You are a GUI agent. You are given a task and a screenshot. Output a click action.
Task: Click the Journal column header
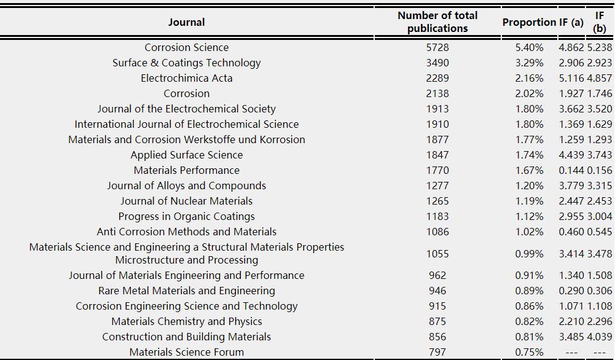tap(186, 22)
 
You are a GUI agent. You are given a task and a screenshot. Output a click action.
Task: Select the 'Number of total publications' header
tap(437, 22)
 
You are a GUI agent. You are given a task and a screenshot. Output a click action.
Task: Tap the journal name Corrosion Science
tap(186, 47)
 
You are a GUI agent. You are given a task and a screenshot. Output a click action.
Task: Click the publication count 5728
tap(437, 47)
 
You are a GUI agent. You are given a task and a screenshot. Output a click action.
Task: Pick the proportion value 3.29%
tap(530, 63)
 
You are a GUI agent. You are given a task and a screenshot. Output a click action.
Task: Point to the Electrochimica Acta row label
tap(186, 78)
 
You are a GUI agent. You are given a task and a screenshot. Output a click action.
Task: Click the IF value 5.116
tap(571, 78)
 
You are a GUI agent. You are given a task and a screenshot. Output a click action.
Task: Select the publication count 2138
tap(437, 93)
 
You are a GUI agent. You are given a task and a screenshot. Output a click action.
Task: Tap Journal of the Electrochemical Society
tap(186, 109)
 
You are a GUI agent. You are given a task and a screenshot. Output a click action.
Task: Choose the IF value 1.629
tap(600, 124)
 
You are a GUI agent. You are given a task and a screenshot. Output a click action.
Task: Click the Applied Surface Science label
tap(186, 155)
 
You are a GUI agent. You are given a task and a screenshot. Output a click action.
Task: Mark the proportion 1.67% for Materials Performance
tap(530, 170)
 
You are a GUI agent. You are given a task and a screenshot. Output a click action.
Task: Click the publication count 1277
tap(437, 186)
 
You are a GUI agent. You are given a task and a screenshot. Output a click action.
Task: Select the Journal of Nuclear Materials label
tap(186, 201)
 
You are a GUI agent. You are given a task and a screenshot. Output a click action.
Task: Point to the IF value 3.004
tap(600, 216)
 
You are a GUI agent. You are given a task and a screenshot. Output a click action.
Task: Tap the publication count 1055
tap(437, 254)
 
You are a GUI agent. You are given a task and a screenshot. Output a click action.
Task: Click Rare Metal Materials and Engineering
tap(186, 291)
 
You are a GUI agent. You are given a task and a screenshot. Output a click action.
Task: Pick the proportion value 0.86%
tap(530, 306)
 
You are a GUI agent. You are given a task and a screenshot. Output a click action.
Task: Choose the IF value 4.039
tap(600, 337)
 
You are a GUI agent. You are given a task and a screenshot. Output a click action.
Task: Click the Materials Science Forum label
tap(186, 352)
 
